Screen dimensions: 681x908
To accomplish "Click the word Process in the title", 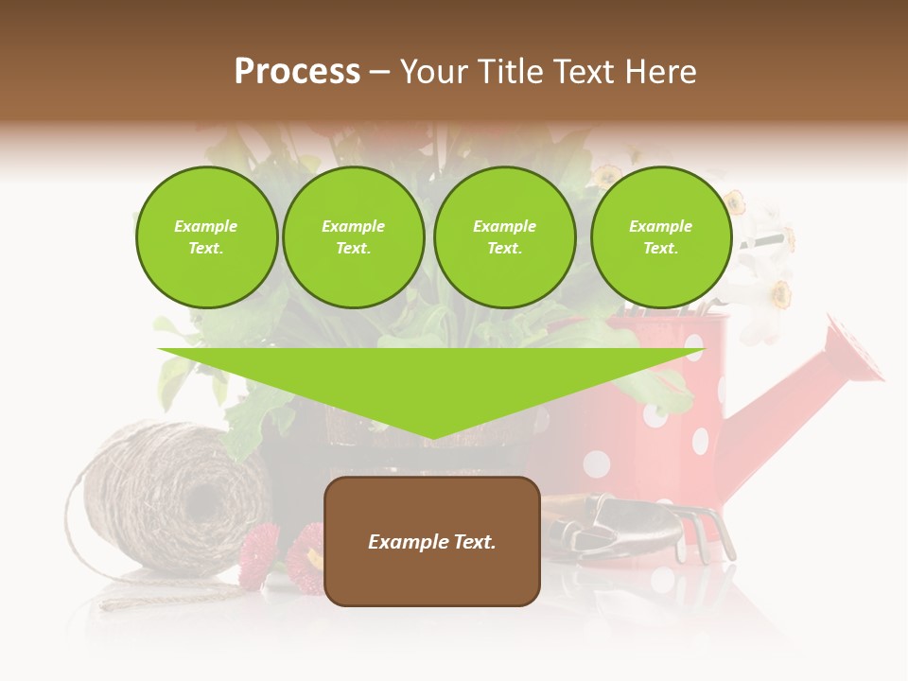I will click(x=297, y=72).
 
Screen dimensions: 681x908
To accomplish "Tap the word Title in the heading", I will click(x=508, y=72).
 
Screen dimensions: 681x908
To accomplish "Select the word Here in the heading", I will click(x=659, y=72).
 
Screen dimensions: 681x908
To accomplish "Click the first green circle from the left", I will click(x=206, y=237).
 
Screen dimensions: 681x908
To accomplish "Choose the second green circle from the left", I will click(x=353, y=237).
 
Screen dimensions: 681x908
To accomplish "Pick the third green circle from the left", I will click(x=504, y=237).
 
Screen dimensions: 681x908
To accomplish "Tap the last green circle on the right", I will click(x=660, y=237).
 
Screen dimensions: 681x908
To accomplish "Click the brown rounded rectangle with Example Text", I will click(x=431, y=541).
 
